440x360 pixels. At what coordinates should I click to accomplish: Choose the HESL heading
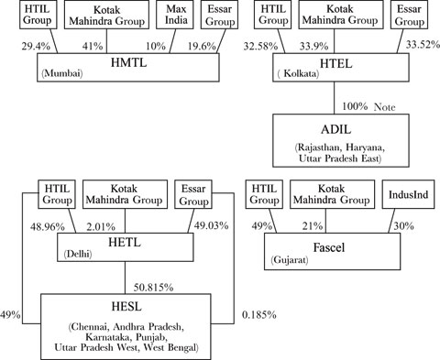(125, 308)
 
